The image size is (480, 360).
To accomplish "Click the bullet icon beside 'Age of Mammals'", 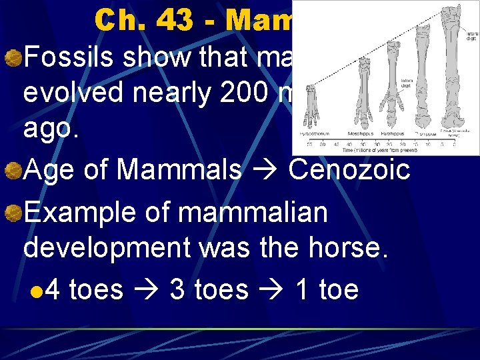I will pos(13,171).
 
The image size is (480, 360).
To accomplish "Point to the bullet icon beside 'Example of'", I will pos(13,214).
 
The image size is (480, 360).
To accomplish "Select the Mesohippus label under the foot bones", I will pos(361,131).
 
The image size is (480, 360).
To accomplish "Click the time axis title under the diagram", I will pos(381,149).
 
